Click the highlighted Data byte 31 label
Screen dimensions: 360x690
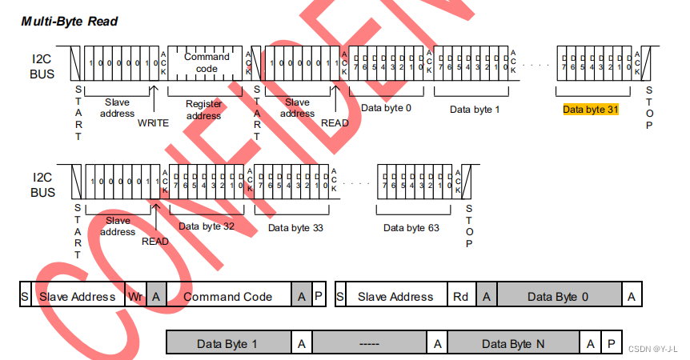point(591,110)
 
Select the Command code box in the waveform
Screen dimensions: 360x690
point(207,62)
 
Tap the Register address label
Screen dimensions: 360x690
point(203,110)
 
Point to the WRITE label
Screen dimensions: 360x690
point(153,122)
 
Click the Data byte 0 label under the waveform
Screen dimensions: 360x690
point(386,107)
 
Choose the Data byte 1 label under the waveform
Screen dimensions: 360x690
point(474,110)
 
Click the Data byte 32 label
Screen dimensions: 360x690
point(207,226)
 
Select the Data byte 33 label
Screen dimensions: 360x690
point(295,228)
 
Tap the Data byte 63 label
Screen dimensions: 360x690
point(411,228)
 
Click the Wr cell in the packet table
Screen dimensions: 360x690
point(136,296)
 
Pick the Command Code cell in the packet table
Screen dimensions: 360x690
point(228,296)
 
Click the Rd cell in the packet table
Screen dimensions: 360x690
point(461,296)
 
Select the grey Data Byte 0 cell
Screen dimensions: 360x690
point(558,296)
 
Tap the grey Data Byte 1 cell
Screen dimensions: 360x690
point(227,343)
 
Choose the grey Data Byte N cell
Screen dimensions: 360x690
point(512,343)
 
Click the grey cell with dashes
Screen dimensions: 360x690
point(369,343)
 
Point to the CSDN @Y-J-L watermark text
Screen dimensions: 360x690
point(652,349)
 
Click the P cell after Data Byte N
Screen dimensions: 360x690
point(611,343)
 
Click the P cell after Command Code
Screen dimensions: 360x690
point(319,296)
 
